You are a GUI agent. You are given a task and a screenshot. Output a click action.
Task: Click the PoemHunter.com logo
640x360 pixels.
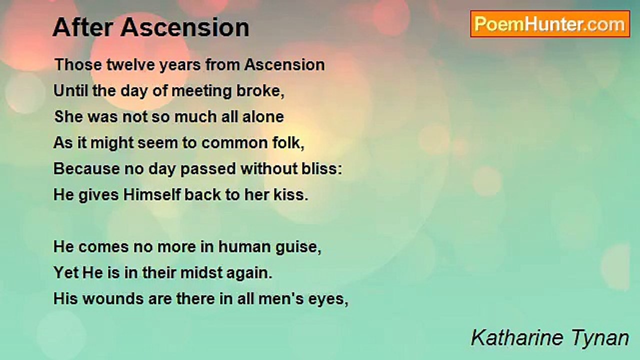click(x=550, y=24)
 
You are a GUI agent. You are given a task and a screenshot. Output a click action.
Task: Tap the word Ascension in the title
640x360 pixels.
click(x=185, y=27)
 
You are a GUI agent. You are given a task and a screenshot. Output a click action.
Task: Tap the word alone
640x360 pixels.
click(x=263, y=117)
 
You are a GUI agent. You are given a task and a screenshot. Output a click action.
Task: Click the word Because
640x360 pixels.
click(x=86, y=169)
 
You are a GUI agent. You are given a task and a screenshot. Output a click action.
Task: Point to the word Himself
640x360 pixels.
click(x=152, y=195)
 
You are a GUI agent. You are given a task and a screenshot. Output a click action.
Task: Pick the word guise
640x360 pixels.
click(x=298, y=247)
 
